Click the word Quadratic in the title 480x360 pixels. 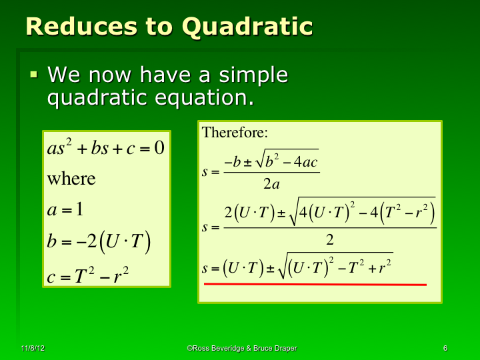pos(247,27)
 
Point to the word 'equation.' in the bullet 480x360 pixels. pos(205,98)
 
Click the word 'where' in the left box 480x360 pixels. pos(71,179)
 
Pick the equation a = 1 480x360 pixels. pos(65,210)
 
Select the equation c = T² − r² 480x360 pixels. pos(87,274)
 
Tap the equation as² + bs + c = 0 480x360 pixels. pos(105,147)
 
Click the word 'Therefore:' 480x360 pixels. pos(234,132)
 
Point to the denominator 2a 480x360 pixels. pos(271,185)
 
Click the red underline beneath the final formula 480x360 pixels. pos(315,285)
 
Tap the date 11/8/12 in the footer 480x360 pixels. pos(33,349)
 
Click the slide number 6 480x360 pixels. pos(445,349)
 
